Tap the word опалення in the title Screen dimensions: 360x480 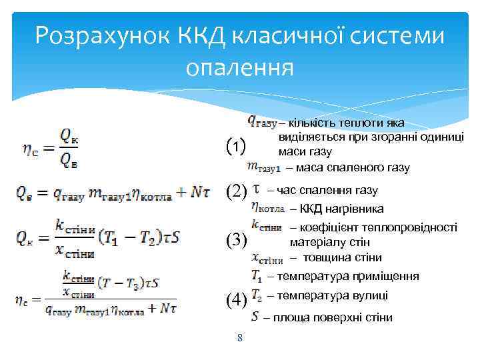point(240,67)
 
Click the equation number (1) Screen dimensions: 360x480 point(237,144)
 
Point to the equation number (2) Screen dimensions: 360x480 point(237,191)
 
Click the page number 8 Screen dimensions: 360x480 point(240,339)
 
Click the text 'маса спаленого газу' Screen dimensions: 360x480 point(352,167)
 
